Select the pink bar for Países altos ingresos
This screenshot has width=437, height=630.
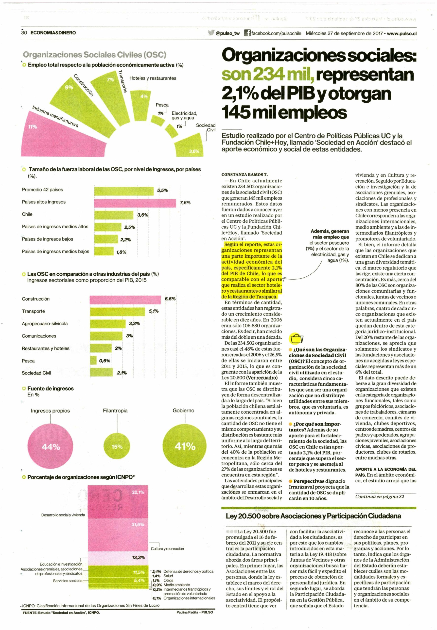pyautogui.click(x=135, y=203)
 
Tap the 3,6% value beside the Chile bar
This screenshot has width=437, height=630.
pyautogui.click(x=143, y=215)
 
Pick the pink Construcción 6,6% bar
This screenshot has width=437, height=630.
pyautogui.click(x=125, y=300)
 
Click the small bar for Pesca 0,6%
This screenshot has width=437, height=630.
pyautogui.click(x=93, y=360)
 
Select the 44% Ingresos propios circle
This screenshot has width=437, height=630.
pyautogui.click(x=51, y=447)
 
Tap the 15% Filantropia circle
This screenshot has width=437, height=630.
pyautogui.click(x=117, y=447)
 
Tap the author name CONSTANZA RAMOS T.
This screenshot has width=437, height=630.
pyautogui.click(x=245, y=174)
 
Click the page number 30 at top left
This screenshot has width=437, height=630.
pyautogui.click(x=24, y=32)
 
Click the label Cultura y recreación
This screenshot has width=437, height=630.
pyautogui.click(x=167, y=549)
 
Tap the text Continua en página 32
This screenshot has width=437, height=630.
pyautogui.click(x=380, y=497)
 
